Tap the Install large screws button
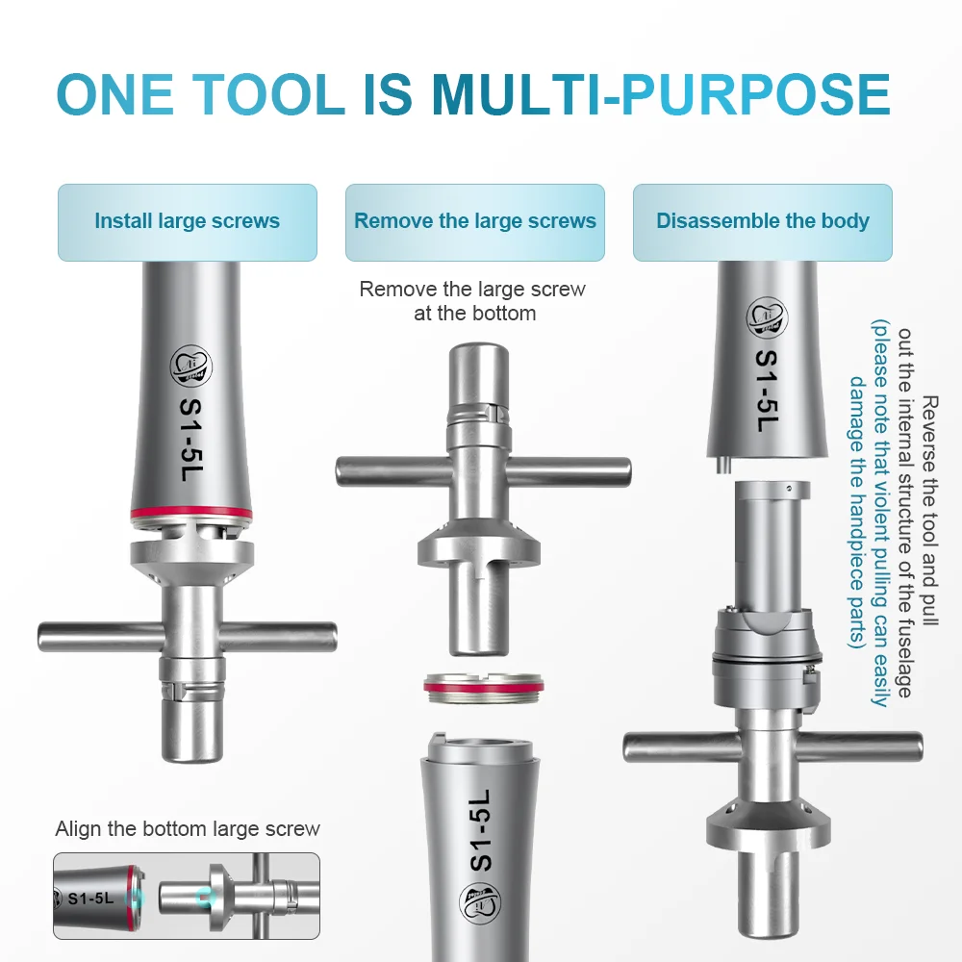pyautogui.click(x=188, y=221)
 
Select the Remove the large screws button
pyautogui.click(x=475, y=221)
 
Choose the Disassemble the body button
pyautogui.click(x=762, y=221)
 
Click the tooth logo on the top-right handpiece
pyautogui.click(x=767, y=318)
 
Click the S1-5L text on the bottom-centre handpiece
pyautogui.click(x=482, y=831)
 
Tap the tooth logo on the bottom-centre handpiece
pyautogui.click(x=480, y=903)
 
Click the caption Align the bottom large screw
pyautogui.click(x=188, y=829)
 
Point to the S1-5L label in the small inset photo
pyautogui.click(x=90, y=899)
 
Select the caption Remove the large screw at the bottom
pyautogui.click(x=473, y=300)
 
